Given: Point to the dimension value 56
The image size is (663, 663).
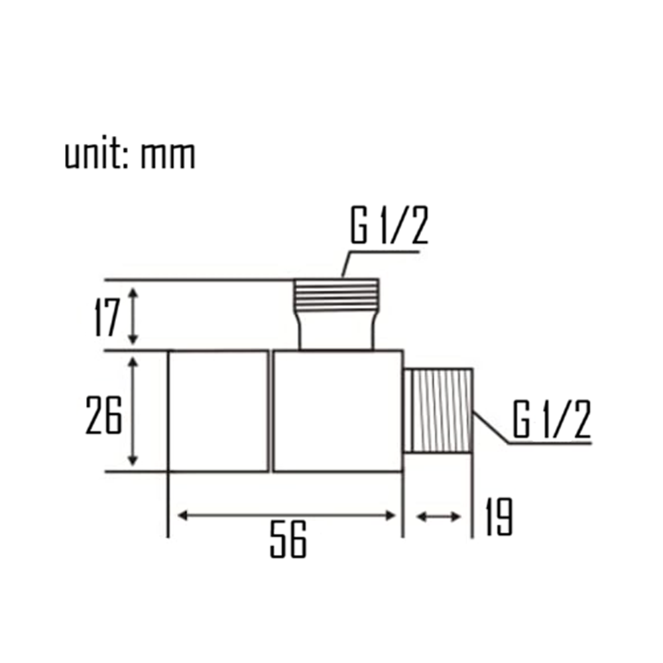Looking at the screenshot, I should tap(288, 541).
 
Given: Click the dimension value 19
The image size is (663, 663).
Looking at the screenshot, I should tap(499, 517).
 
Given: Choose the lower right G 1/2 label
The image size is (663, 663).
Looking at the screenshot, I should tap(551, 420).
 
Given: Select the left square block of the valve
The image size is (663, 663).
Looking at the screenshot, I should tap(218, 411).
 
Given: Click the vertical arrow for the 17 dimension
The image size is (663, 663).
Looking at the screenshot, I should tap(134, 316).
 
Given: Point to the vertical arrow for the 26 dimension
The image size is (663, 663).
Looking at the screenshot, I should tap(134, 411).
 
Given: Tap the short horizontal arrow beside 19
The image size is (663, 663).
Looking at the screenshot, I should tap(438, 515).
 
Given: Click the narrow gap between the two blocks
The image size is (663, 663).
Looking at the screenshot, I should tap(271, 411).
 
